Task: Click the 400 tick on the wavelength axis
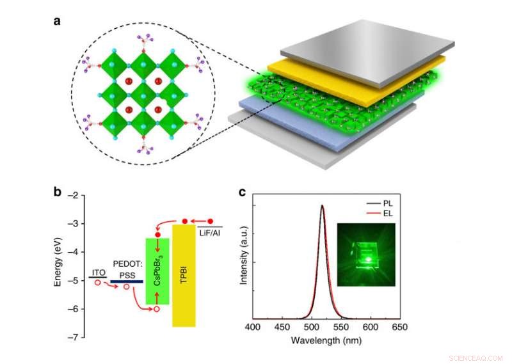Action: [253, 327]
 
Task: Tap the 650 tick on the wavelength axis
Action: [399, 327]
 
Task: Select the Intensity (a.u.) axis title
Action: [244, 259]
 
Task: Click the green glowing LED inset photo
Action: [367, 255]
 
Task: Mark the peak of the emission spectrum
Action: [322, 206]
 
